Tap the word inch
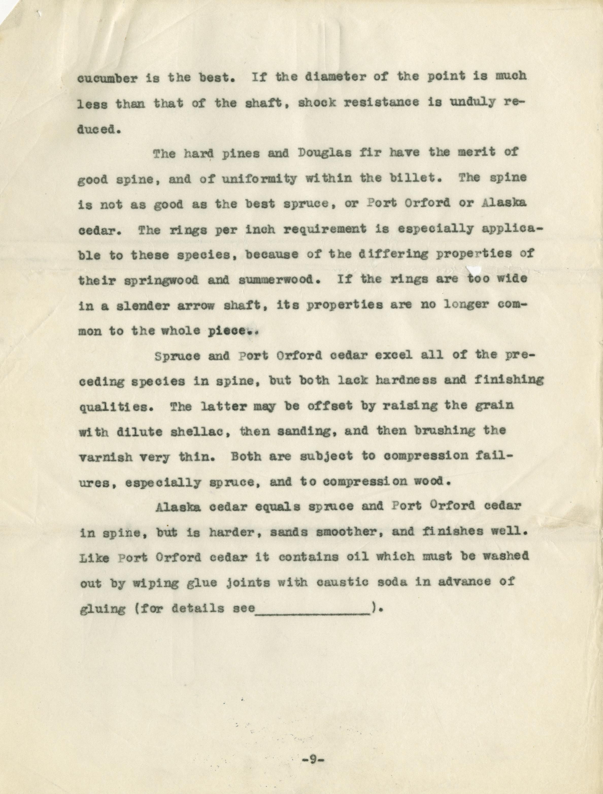point(260,229)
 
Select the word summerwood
point(279,280)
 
